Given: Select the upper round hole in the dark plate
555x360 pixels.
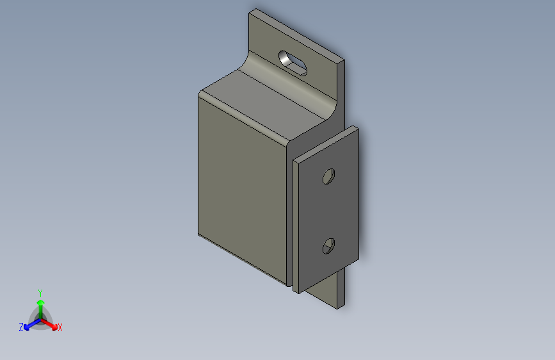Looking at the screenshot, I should (328, 176).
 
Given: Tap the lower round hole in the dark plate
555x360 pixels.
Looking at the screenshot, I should (328, 245).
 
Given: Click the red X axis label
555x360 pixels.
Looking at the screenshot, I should (60, 327).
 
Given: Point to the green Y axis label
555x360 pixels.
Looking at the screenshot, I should (40, 292).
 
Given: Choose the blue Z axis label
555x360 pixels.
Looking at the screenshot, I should (21, 327).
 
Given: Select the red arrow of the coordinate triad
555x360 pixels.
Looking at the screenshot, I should (52, 325).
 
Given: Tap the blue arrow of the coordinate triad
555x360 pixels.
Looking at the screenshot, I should (28, 325).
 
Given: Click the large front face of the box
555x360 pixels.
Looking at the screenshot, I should (240, 186).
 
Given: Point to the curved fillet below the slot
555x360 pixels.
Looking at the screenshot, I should (288, 83).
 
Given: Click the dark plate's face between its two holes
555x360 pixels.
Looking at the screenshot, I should (328, 211).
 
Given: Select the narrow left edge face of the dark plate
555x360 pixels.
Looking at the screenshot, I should (296, 224).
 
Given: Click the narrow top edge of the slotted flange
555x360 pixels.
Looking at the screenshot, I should (298, 34).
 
